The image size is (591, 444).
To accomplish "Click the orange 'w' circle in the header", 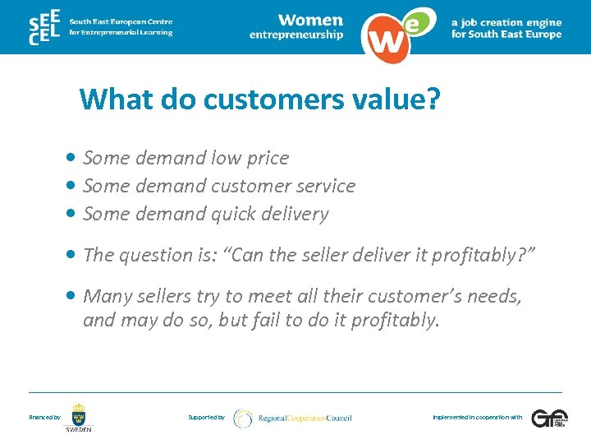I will pos(385,36).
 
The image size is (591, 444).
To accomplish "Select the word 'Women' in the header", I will pos(309,20).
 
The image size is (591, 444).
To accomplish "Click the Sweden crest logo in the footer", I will pos(79,416).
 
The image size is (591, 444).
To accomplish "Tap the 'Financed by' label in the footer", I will pos(44,418).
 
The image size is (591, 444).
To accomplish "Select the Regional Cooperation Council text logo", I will pos(304,419).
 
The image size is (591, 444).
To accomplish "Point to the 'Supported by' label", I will pos(206,418).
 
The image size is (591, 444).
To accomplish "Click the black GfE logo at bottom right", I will pos(547,419).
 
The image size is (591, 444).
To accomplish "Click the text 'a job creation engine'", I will pos(506,23).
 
